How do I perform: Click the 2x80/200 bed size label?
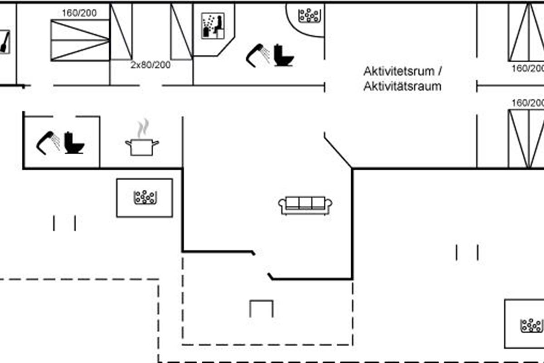[151, 65]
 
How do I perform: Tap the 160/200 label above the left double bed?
[79, 13]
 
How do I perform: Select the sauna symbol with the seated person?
[212, 26]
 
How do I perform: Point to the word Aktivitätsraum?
[402, 86]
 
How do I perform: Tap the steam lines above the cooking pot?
[143, 128]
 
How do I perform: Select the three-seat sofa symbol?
[305, 205]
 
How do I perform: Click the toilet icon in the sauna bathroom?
[284, 55]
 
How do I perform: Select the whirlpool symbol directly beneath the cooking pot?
[145, 197]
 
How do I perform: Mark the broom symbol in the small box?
[5, 43]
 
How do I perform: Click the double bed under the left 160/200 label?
[80, 40]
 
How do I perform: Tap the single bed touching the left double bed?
[121, 32]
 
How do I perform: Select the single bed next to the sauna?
[181, 32]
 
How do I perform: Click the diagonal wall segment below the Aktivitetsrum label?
[338, 152]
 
